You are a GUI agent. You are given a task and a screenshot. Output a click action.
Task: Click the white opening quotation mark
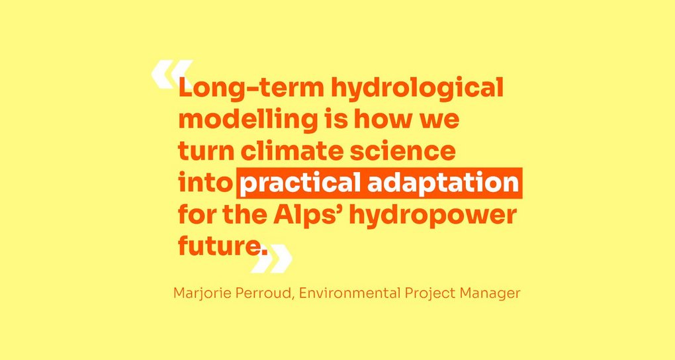pyautogui.click(x=171, y=75)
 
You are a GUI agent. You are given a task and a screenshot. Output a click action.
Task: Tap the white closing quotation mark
pyautogui.click(x=271, y=258)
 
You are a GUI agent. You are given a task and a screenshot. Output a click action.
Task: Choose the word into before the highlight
pyautogui.click(x=205, y=183)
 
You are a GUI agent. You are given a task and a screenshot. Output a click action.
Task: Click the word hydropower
pyautogui.click(x=432, y=216)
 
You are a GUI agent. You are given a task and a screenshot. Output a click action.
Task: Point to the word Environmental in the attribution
pyautogui.click(x=350, y=294)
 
